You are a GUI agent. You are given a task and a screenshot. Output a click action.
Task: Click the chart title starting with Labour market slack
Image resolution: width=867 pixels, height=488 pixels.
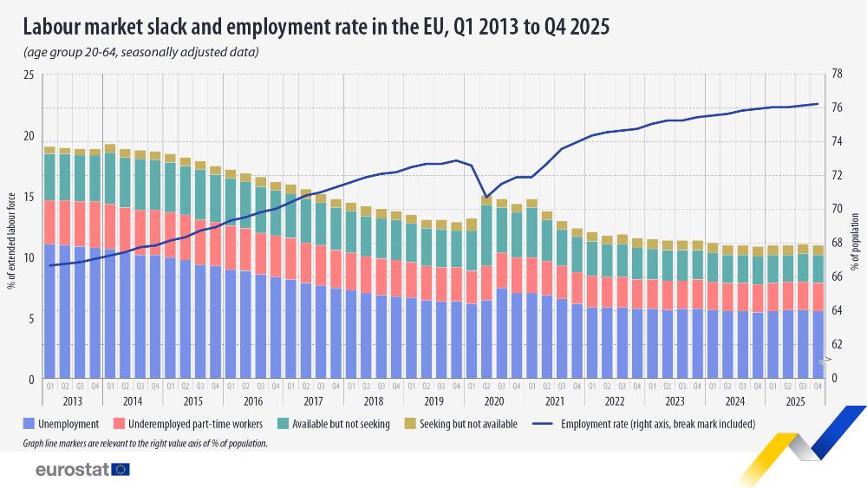coord(316,27)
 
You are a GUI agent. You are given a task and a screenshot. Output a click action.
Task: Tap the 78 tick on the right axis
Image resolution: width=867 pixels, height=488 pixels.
coord(837,75)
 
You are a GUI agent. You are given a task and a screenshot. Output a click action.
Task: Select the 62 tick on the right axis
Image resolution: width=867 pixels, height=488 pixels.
coord(837,344)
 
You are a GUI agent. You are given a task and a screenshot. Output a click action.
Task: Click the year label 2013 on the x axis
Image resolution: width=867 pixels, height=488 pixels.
coord(73,401)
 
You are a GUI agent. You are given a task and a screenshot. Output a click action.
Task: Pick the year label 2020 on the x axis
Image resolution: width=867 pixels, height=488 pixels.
coord(494,401)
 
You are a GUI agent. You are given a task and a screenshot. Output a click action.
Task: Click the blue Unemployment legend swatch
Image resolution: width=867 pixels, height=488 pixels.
coord(31,424)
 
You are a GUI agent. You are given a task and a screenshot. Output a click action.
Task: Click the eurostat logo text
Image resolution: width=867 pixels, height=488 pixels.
coord(71,469)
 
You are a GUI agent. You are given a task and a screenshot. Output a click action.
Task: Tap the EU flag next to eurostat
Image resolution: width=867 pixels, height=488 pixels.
coord(121,469)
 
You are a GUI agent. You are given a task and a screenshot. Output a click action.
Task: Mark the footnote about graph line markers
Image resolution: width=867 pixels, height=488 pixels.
coord(146,443)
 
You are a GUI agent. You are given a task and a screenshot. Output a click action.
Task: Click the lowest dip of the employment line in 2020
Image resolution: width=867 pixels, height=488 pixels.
coord(486,197)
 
